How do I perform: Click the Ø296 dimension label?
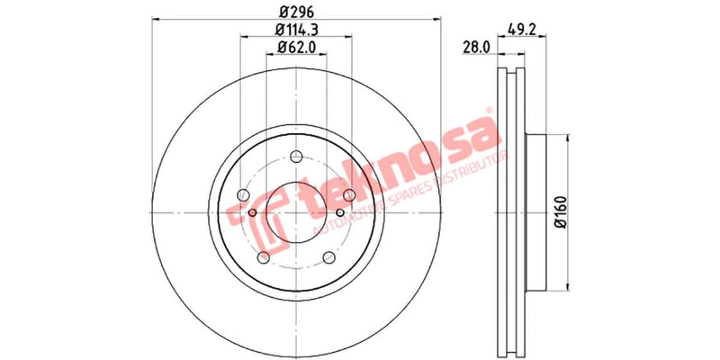coord(295,12)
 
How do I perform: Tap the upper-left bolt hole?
coord(242,195)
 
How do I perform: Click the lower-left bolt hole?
coord(263,259)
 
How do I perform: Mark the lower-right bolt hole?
coord(328,259)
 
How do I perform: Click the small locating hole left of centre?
coord(253,213)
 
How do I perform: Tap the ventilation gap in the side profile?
coord(510,213)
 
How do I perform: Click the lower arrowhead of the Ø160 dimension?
coord(568,287)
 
